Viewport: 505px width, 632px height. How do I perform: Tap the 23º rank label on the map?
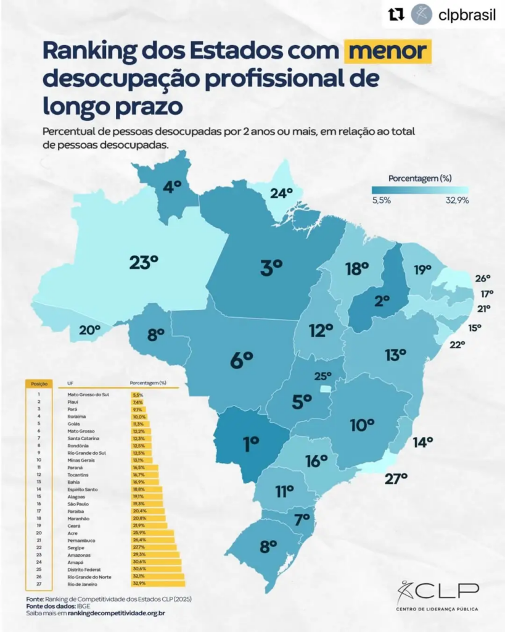coord(144,262)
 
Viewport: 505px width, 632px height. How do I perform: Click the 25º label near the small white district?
coord(322,376)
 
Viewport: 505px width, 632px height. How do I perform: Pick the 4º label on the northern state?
coord(172,186)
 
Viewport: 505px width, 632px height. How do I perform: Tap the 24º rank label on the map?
coord(281,193)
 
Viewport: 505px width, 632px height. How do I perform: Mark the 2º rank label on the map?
coord(382,301)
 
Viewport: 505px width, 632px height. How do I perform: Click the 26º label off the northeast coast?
coord(483,278)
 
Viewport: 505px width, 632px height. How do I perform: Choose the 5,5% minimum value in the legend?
coord(381,201)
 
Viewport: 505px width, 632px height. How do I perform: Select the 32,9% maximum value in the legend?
coord(457,201)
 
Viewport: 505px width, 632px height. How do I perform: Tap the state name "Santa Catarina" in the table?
coord(83,438)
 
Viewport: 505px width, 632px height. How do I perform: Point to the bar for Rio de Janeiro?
coord(158,583)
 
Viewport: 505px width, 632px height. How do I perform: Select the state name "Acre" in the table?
coord(72,532)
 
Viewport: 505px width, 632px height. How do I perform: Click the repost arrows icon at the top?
coord(397,15)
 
